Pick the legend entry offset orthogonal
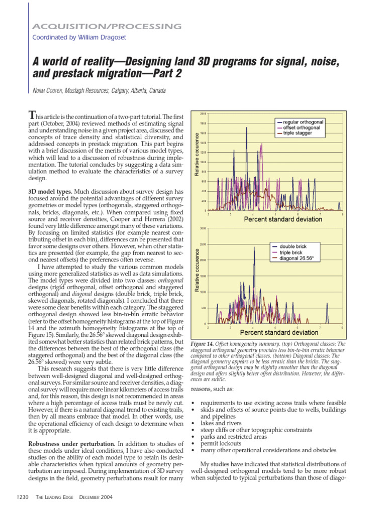301,127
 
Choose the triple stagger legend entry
298,133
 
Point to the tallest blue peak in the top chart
246,128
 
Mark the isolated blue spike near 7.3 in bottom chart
327,304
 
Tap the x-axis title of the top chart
275,219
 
